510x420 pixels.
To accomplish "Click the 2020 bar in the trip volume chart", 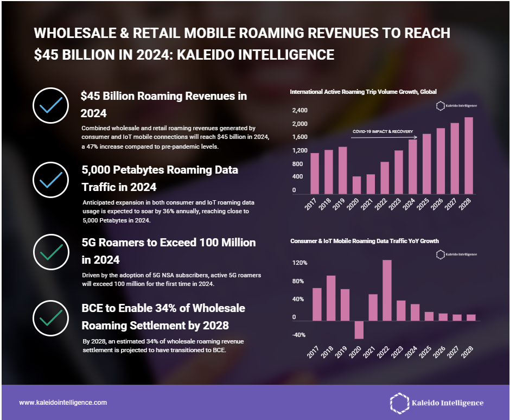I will click(356, 185).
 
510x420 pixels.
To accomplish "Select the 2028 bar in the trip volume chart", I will click(469, 156).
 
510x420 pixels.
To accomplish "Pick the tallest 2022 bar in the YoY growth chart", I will click(387, 290).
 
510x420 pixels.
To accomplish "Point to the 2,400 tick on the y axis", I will click(300, 111).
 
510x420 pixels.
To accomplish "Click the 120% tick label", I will click(300, 263).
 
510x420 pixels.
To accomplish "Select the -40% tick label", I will click(298, 335).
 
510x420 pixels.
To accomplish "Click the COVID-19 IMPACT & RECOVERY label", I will click(382, 131).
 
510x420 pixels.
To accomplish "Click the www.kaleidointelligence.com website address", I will click(63, 403).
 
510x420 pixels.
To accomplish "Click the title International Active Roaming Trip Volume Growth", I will click(363, 92).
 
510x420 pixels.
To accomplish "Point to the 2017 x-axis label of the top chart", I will click(311, 205).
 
